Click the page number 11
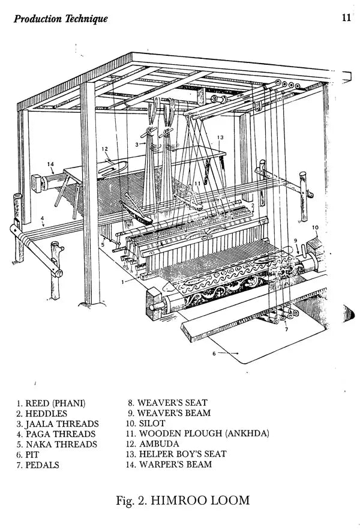pyautogui.click(x=346, y=17)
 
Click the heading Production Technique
pyautogui.click(x=61, y=19)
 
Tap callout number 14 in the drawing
pyautogui.click(x=50, y=163)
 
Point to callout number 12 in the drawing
pyautogui.click(x=104, y=149)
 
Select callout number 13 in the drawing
pyautogui.click(x=220, y=138)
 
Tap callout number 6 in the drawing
pyautogui.click(x=214, y=354)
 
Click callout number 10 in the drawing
pyautogui.click(x=316, y=227)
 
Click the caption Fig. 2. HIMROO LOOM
pyautogui.click(x=183, y=499)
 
